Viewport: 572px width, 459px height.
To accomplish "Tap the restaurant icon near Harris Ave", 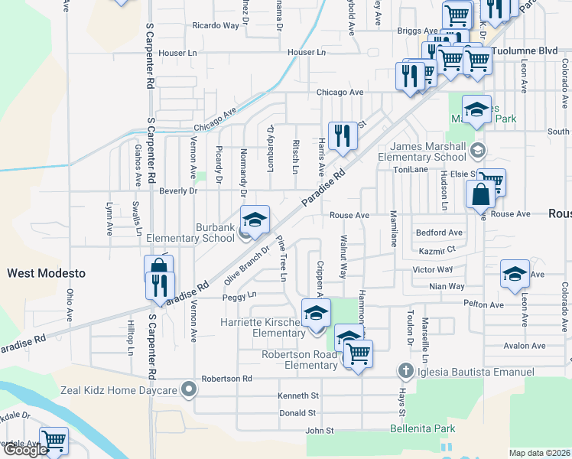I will (x=343, y=136).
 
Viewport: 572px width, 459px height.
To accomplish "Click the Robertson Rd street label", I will (x=226, y=379).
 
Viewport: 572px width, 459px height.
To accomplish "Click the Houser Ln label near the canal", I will (x=307, y=52).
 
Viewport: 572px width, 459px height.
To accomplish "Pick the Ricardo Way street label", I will (x=216, y=25).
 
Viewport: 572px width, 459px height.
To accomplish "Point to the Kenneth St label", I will (x=299, y=396).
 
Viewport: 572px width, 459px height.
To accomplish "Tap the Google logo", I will (x=25, y=450).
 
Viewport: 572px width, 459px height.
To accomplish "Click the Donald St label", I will (x=297, y=412).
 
